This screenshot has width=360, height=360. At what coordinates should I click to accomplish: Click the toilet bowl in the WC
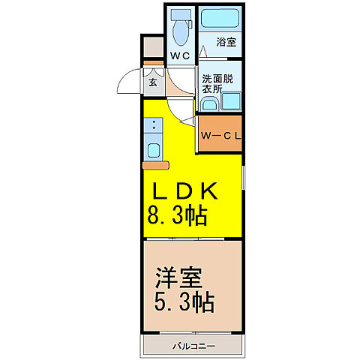point(180,33)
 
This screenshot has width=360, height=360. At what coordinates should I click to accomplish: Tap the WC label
point(179,56)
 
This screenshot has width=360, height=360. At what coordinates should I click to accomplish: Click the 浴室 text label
point(226,43)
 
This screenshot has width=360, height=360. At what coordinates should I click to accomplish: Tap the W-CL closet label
point(220,136)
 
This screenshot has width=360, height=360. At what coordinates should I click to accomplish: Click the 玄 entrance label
point(152,82)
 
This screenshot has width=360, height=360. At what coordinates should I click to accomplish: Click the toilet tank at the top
point(180,14)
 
